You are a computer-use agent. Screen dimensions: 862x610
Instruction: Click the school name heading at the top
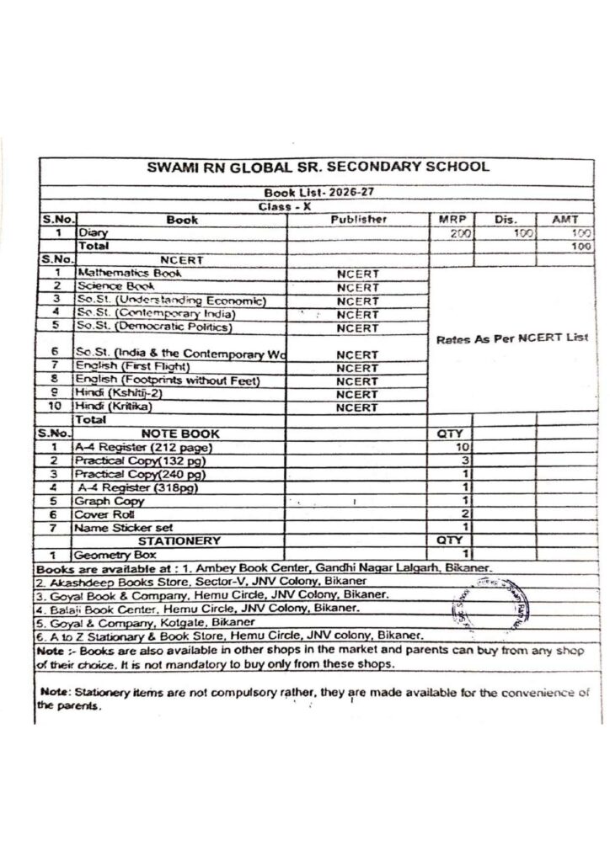pos(317,166)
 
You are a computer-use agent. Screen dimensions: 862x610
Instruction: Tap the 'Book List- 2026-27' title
pos(317,192)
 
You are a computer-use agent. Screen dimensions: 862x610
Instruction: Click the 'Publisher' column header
pos(358,219)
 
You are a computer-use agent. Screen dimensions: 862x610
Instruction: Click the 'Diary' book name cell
pos(88,232)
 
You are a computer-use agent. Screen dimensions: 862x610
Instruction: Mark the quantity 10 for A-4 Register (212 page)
pos(461,446)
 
